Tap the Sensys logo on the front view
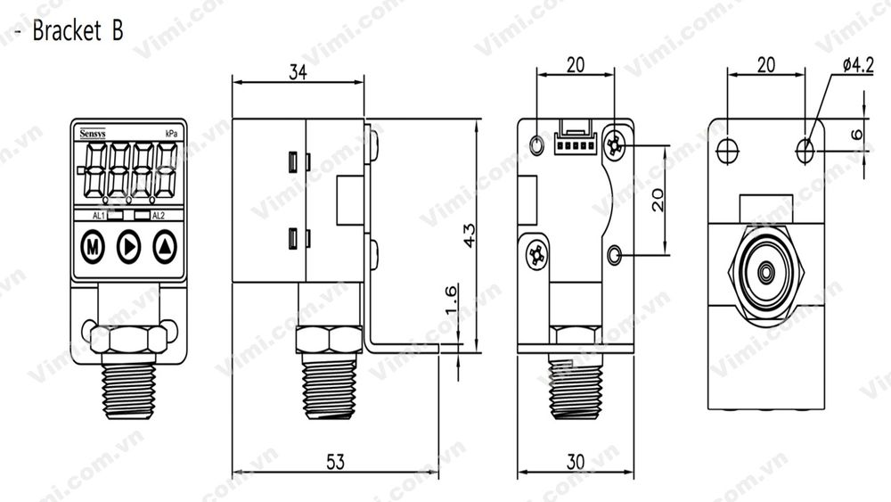(x=92, y=133)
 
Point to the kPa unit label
(x=170, y=133)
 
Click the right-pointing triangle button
(x=129, y=246)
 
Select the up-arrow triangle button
(x=165, y=246)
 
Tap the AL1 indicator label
(x=99, y=216)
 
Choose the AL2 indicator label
(x=158, y=216)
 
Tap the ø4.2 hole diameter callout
(x=857, y=65)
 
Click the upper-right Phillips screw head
(x=614, y=145)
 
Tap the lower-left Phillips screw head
(x=535, y=255)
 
